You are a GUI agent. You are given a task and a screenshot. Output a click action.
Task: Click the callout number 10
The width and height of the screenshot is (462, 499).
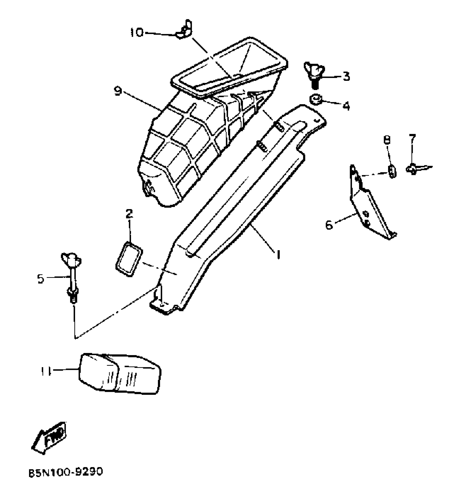click(136, 33)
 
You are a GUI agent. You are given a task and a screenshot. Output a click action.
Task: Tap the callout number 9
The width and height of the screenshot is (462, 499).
click(117, 91)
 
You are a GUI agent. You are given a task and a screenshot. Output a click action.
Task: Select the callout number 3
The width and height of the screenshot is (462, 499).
click(346, 77)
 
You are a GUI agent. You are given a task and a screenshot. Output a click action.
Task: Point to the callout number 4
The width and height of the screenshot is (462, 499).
click(346, 106)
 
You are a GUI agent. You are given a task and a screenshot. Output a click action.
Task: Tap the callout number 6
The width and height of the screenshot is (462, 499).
click(329, 225)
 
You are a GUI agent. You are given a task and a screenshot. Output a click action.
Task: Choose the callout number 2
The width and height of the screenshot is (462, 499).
click(129, 214)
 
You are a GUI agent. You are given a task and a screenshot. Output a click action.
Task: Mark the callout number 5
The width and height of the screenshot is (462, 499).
click(41, 279)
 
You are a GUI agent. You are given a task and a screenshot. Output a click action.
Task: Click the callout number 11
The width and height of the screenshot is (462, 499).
click(46, 372)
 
